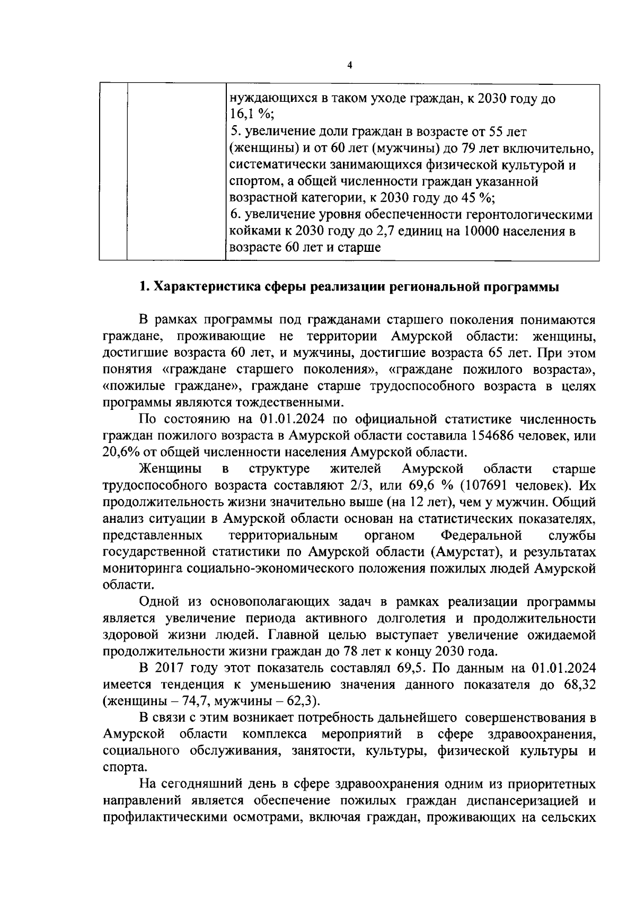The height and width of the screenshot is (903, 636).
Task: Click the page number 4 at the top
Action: click(349, 65)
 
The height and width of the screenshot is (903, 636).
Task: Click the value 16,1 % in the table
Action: click(248, 116)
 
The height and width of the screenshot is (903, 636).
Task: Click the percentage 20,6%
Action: click(121, 452)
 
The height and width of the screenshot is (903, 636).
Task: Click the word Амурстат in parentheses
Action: click(467, 552)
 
